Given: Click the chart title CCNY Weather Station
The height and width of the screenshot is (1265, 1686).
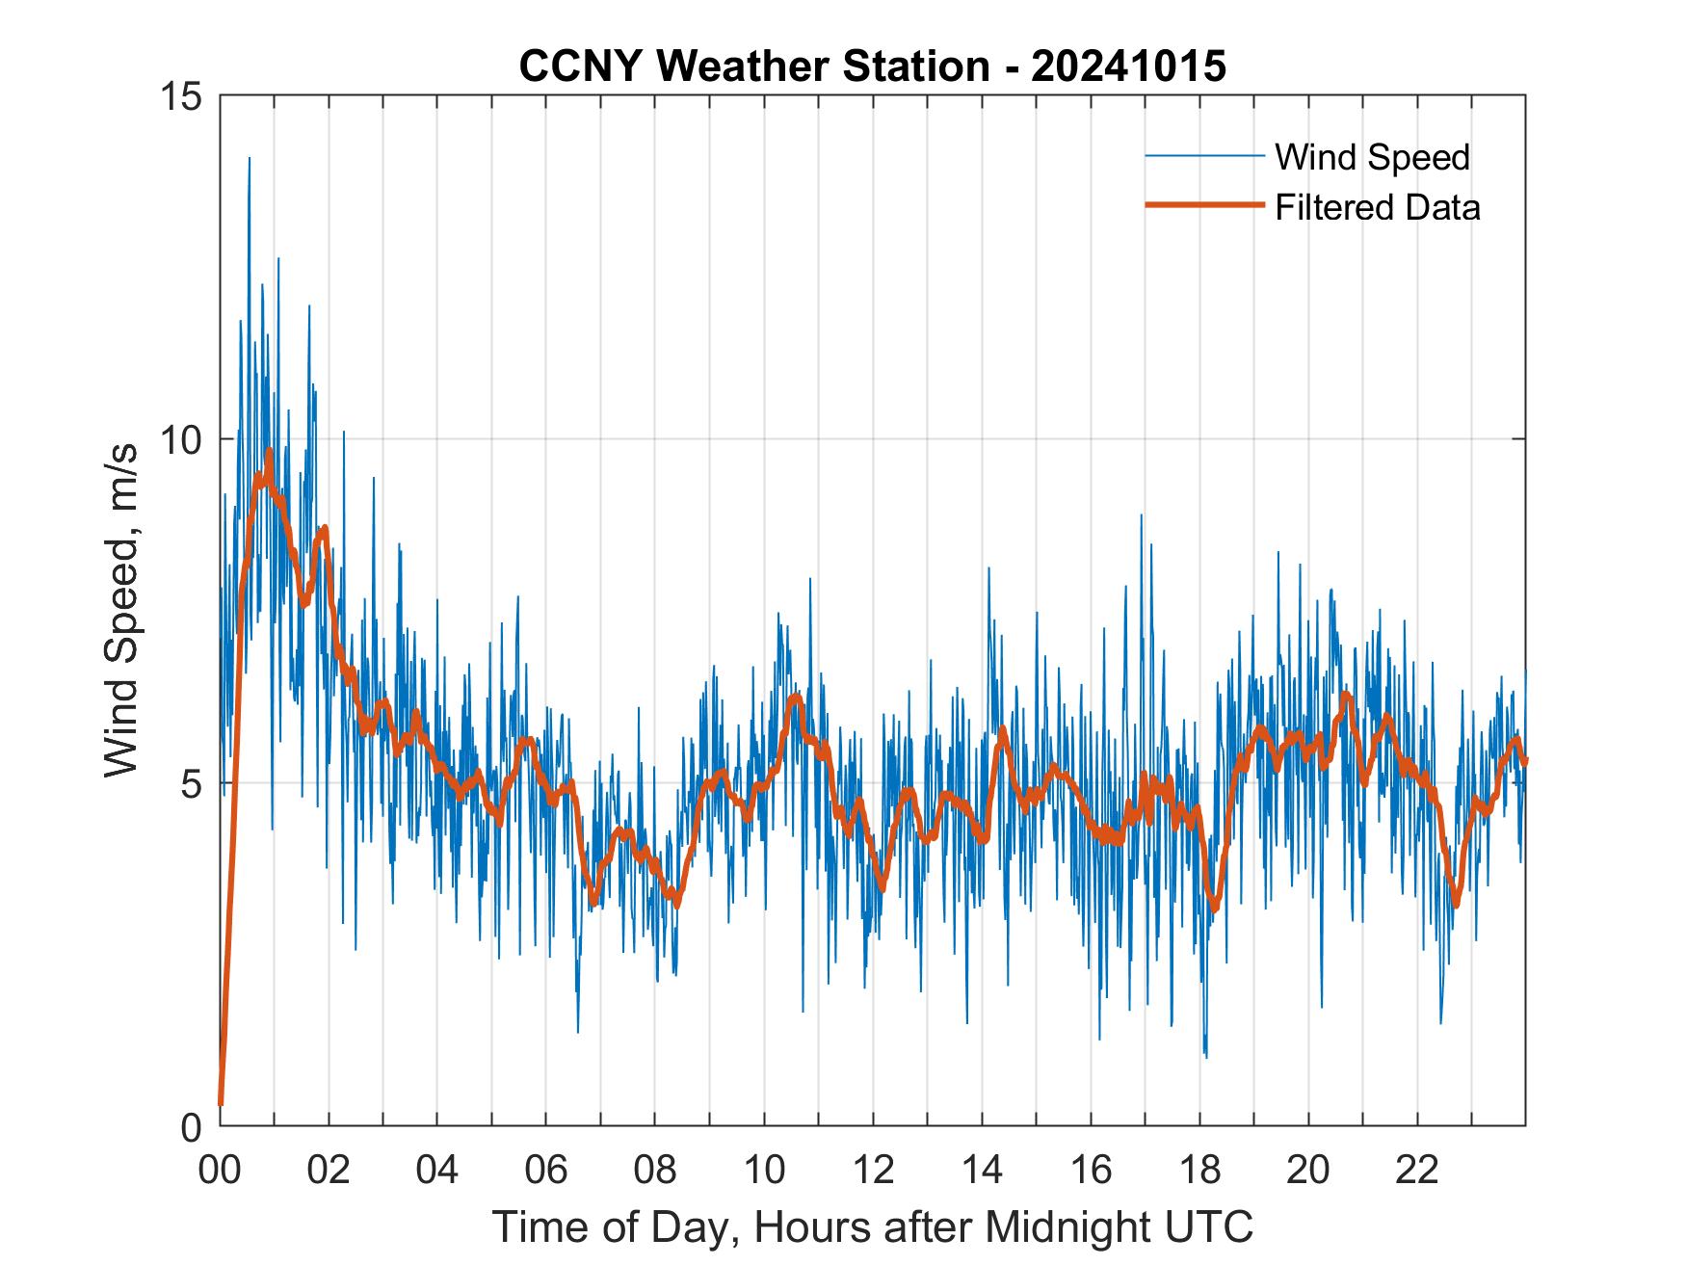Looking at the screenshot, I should pyautogui.click(x=872, y=66).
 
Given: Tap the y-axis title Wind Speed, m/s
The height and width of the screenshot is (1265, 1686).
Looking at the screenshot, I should pyautogui.click(x=122, y=610).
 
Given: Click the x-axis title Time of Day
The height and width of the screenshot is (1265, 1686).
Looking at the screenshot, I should pyautogui.click(x=872, y=1226).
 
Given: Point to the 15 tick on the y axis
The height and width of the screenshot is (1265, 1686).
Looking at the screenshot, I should pyautogui.click(x=182, y=95).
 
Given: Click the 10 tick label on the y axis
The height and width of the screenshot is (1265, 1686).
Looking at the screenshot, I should pyautogui.click(x=182, y=439).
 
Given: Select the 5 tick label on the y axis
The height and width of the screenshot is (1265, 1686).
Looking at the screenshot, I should pyautogui.click(x=192, y=783).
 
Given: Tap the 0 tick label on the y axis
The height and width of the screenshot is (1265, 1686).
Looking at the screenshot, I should pyautogui.click(x=192, y=1126).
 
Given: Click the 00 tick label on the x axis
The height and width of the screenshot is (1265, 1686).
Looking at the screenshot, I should pyautogui.click(x=220, y=1170).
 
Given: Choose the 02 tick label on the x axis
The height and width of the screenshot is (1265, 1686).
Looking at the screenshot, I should pyautogui.click(x=329, y=1170).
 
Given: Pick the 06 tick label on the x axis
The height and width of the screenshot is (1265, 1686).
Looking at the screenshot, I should pyautogui.click(x=546, y=1170).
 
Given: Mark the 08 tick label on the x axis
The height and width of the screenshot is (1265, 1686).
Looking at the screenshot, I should pyautogui.click(x=655, y=1170).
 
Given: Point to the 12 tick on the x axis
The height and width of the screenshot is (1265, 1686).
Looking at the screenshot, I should pyautogui.click(x=873, y=1170).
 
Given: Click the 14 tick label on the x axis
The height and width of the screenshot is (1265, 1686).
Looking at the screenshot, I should pyautogui.click(x=982, y=1170).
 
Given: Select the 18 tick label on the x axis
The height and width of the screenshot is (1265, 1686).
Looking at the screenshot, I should pyautogui.click(x=1199, y=1170).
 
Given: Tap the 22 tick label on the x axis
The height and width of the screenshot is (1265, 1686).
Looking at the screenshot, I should pyautogui.click(x=1417, y=1170).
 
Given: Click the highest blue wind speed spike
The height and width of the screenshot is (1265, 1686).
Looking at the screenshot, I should pyautogui.click(x=249, y=159).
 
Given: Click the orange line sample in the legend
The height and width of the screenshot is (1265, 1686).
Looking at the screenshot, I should pyautogui.click(x=1203, y=205).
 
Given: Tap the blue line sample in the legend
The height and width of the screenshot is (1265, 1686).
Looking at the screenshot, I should pyautogui.click(x=1203, y=156).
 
